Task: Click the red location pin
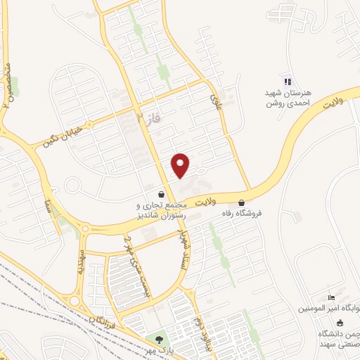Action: pyautogui.click(x=181, y=165)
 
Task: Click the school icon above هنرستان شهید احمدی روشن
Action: pyautogui.click(x=285, y=81)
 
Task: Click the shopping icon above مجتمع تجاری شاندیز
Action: pyautogui.click(x=162, y=194)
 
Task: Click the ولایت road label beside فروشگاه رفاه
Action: pyautogui.click(x=203, y=201)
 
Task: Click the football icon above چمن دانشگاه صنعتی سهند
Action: pyautogui.click(x=341, y=322)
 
